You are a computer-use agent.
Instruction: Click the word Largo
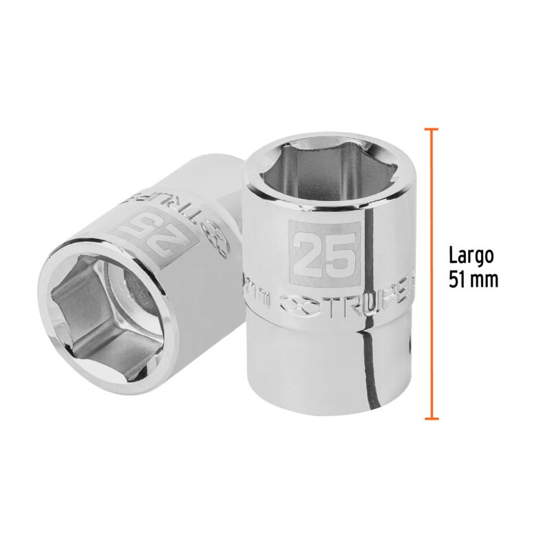click(471, 257)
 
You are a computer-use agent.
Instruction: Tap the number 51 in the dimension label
click(459, 279)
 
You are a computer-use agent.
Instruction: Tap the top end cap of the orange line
click(431, 128)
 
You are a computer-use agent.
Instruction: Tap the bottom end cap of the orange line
click(431, 418)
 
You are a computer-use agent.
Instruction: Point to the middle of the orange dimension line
click(431, 273)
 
